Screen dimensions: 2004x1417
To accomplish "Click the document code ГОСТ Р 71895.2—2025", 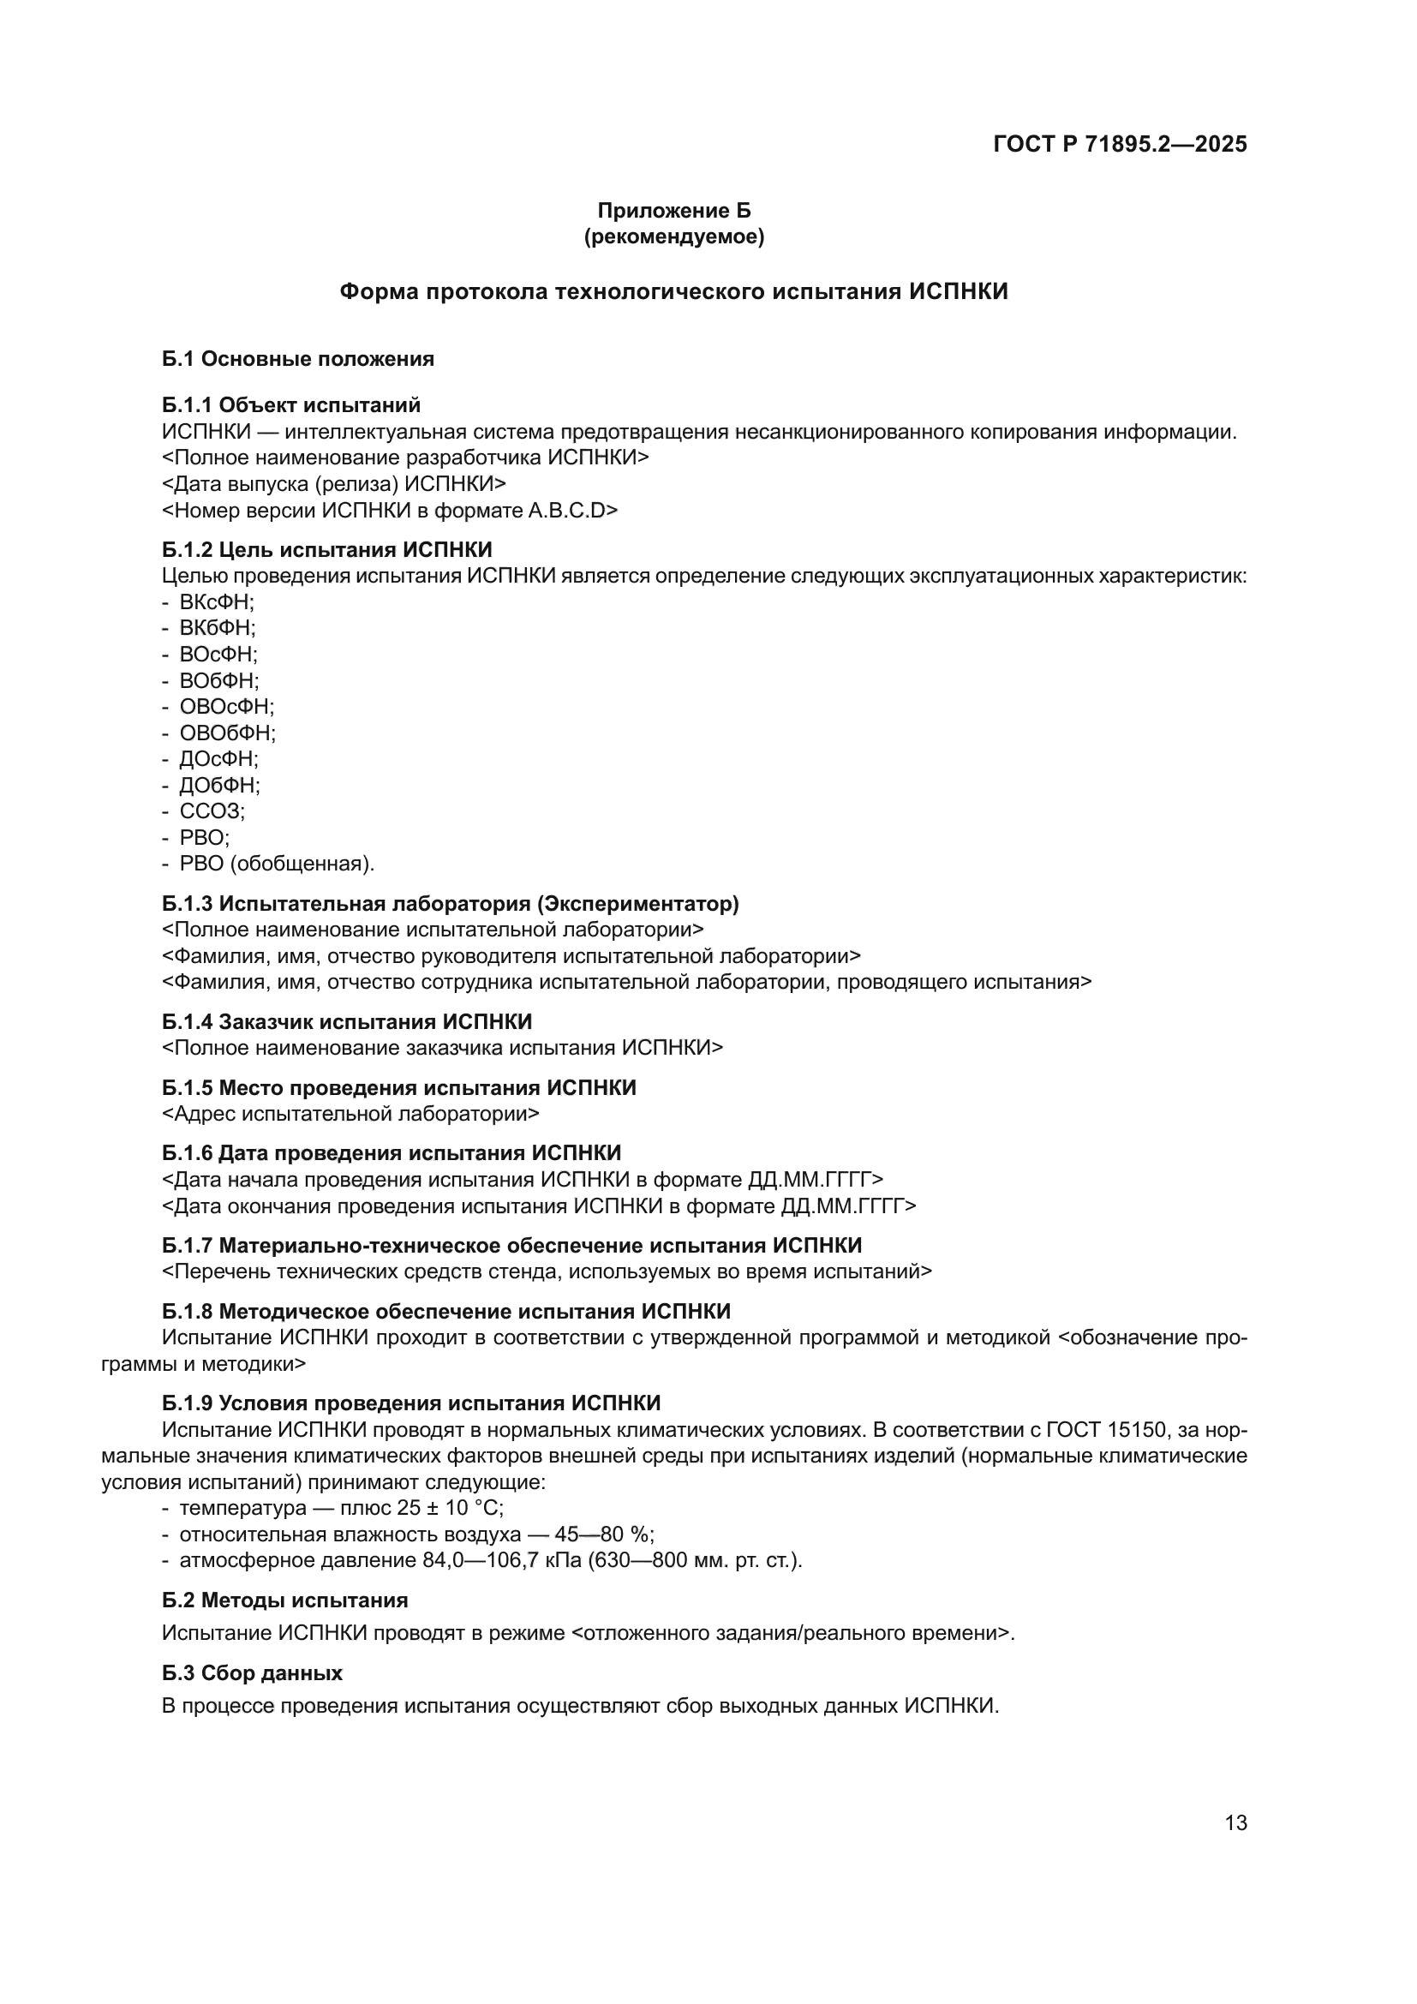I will point(1120,144).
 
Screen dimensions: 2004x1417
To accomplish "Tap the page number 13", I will point(1235,1822).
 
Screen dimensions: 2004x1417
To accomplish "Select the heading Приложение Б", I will point(673,211).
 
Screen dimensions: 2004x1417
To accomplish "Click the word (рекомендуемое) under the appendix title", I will point(673,236).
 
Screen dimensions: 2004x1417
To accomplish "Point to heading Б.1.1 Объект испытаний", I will point(290,405).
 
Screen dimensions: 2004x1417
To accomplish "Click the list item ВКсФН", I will point(217,601).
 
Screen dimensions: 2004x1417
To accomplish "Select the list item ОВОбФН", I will point(227,733).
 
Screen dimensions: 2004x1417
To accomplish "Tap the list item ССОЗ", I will point(212,811).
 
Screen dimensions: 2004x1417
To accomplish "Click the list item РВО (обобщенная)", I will point(277,864).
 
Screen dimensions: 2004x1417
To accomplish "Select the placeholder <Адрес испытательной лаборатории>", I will point(350,1114).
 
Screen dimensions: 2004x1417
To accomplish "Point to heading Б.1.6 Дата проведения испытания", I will point(391,1153).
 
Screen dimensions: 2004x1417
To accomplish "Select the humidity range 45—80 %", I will point(604,1534).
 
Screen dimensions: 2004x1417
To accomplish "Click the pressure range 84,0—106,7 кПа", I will point(502,1560).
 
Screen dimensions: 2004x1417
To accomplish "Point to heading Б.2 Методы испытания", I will point(284,1600).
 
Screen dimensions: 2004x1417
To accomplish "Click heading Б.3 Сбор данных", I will point(251,1672).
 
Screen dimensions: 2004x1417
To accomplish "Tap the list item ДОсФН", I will point(218,758).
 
